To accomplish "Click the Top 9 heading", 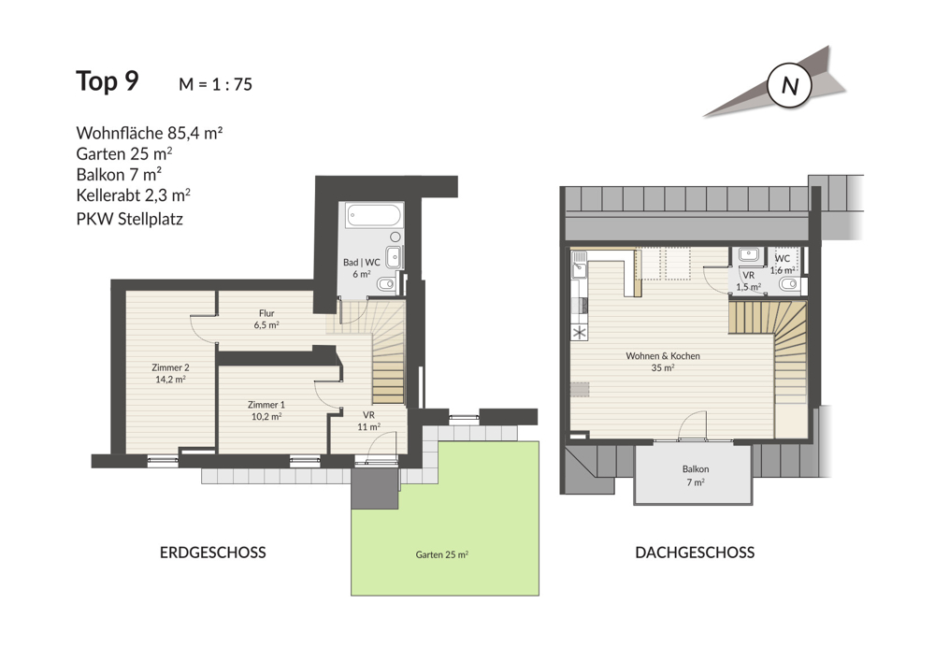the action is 108,81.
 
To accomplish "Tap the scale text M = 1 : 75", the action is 215,85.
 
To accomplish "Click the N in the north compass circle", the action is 789,86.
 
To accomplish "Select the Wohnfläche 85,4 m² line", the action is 149,133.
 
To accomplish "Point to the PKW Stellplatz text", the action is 129,220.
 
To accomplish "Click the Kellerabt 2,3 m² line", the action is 133,194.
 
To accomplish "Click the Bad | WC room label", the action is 361,267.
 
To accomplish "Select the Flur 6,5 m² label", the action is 266,319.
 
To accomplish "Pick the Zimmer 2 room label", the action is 170,373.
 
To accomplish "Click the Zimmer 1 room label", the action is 266,410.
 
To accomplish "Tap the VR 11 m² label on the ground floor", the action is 368,421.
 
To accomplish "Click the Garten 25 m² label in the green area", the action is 442,554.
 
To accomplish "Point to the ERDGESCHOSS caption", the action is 213,553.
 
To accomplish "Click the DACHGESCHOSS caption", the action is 695,553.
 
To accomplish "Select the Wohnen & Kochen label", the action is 663,361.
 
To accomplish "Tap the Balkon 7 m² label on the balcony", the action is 696,476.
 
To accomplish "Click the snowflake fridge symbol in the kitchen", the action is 579,333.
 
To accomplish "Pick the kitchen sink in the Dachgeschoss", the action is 579,265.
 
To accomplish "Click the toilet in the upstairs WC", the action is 790,283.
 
